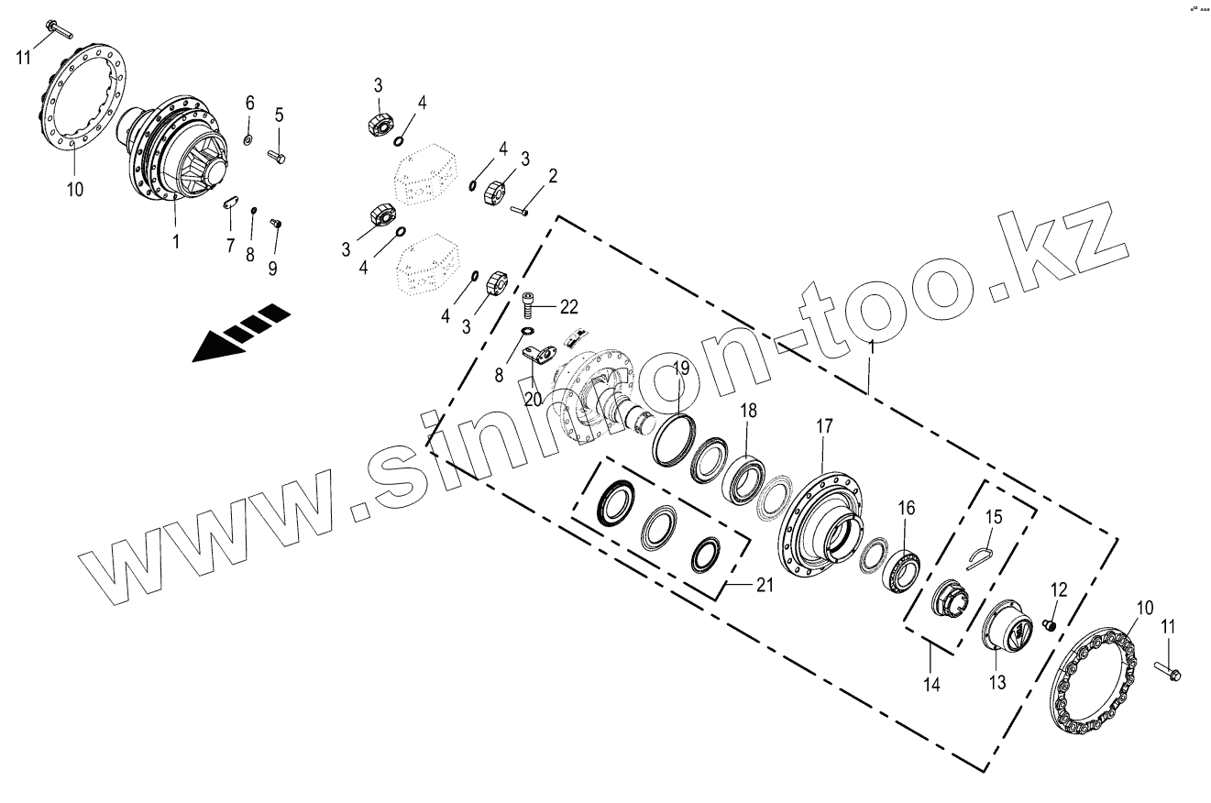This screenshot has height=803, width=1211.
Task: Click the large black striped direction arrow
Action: coord(240,334)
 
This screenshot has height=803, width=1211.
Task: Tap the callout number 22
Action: coord(569,305)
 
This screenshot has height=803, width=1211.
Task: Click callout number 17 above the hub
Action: coord(824,426)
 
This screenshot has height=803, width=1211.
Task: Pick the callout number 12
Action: coord(1059,590)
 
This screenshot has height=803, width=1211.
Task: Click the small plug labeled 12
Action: coord(1051,625)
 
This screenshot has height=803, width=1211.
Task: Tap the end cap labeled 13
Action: coord(1007,632)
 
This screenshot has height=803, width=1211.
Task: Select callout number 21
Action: coord(765,585)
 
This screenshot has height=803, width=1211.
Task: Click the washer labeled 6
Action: coord(248,139)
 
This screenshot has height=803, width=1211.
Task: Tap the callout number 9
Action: coord(272,268)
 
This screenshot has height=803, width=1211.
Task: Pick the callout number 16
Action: coord(906,507)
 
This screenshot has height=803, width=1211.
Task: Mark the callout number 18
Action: coord(749,412)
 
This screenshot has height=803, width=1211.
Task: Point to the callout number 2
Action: coord(553,175)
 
